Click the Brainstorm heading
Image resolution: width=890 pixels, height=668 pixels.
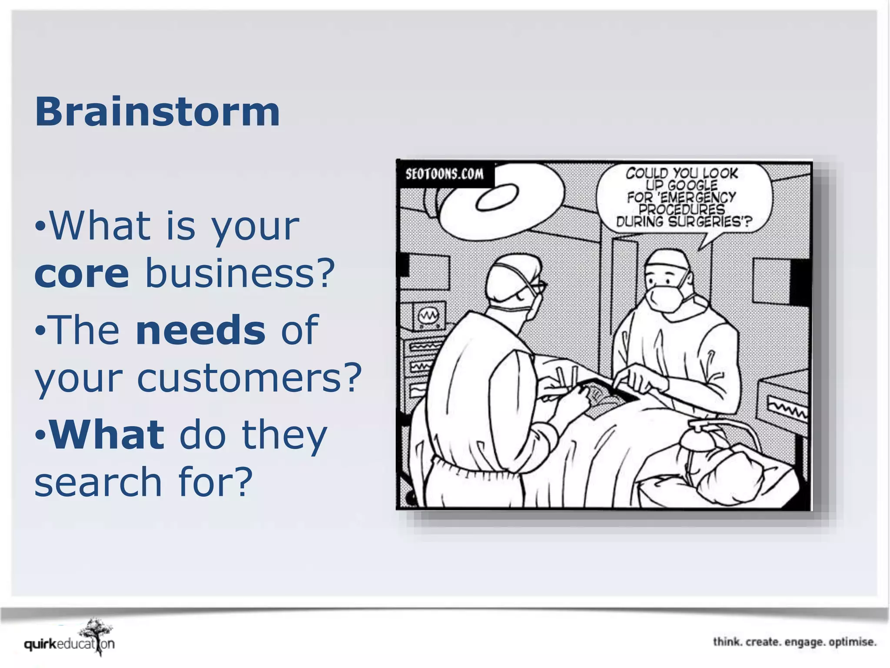(x=157, y=112)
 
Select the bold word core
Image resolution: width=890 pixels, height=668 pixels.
(x=82, y=273)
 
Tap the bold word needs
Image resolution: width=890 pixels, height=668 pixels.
(x=200, y=330)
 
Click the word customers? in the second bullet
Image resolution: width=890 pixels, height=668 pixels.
(x=249, y=377)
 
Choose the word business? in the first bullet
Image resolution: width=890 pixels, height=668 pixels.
(x=240, y=273)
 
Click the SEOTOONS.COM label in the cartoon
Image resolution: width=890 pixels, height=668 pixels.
(x=444, y=174)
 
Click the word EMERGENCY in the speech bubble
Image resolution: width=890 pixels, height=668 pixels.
(x=697, y=197)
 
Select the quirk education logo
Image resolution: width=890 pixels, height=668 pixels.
(x=70, y=643)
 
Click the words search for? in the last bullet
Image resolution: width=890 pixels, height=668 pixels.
(x=143, y=482)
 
